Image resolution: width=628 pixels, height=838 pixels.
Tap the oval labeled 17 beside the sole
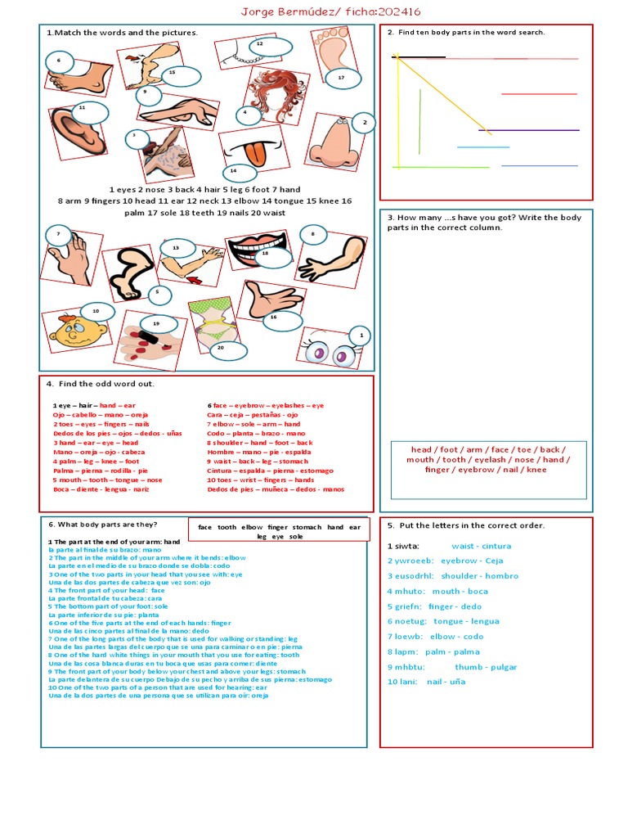point(340,78)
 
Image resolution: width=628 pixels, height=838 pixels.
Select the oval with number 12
point(270,47)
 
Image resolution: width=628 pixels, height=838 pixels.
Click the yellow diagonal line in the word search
point(442,94)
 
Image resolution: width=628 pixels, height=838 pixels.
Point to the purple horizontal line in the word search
point(528,130)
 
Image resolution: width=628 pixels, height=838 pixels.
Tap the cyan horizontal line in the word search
point(482,147)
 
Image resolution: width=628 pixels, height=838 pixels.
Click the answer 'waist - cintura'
point(481,546)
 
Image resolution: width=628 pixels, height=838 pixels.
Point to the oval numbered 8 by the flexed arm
point(312,234)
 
